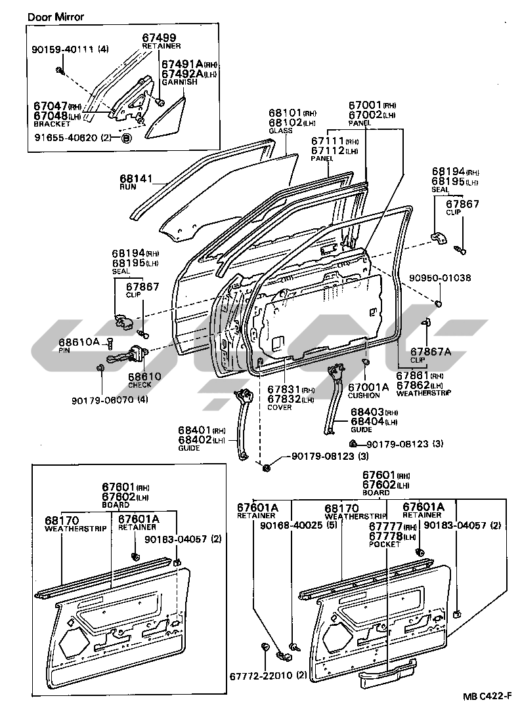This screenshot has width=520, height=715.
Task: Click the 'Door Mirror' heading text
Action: [x=56, y=16]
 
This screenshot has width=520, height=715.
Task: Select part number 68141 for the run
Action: [x=136, y=178]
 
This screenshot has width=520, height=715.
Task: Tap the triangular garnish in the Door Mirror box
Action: [x=164, y=118]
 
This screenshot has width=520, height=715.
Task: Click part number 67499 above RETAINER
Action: [x=160, y=38]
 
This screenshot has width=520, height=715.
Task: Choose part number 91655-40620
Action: [x=64, y=138]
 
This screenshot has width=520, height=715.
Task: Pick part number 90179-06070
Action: [x=98, y=399]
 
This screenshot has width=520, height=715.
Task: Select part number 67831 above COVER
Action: [x=284, y=390]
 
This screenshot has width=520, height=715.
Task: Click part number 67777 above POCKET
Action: [x=384, y=526]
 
